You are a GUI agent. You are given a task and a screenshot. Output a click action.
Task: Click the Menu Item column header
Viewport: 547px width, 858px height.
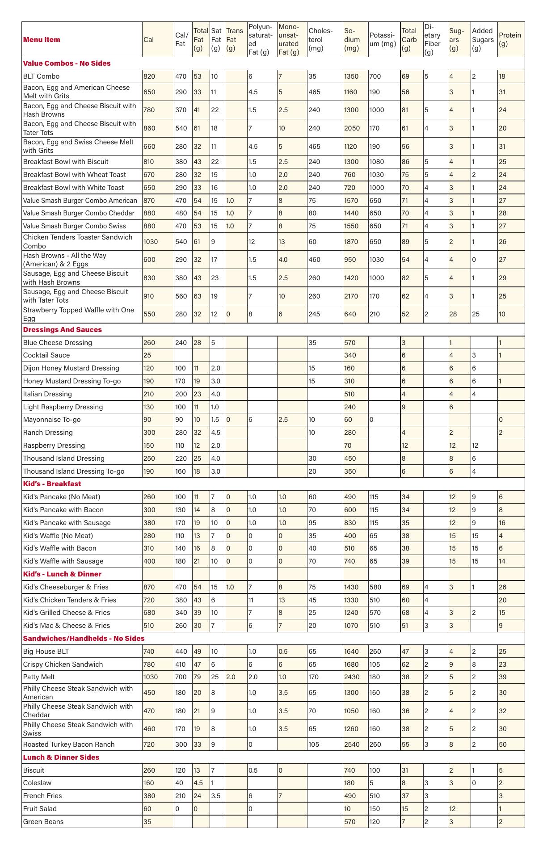[42, 40]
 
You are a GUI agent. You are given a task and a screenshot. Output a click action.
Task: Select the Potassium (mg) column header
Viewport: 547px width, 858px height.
[383, 40]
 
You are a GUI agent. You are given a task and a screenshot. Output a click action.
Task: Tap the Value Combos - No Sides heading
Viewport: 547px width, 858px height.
[67, 63]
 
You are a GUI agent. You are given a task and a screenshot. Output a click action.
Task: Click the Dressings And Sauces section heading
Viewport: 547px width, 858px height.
[62, 330]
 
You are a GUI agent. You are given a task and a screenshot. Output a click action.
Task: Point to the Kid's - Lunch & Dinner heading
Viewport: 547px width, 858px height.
[62, 574]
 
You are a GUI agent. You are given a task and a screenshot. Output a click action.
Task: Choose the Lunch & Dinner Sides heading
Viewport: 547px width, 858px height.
[61, 757]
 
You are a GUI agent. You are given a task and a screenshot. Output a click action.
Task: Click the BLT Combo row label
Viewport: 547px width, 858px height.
[41, 76]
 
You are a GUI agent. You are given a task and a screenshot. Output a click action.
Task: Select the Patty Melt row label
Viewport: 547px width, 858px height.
[39, 677]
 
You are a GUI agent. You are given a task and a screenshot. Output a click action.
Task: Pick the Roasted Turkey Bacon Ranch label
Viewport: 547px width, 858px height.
[69, 744]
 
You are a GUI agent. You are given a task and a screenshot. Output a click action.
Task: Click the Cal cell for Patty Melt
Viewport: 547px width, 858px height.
[151, 677]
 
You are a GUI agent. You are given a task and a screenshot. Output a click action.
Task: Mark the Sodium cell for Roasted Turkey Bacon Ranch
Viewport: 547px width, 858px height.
[352, 744]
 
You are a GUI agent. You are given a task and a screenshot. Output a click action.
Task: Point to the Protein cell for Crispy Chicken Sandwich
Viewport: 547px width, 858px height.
[503, 665]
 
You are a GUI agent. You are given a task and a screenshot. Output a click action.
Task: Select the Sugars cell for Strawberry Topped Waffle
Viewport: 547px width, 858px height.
[453, 314]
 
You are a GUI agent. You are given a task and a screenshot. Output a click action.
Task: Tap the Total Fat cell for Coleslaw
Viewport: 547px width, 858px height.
[198, 783]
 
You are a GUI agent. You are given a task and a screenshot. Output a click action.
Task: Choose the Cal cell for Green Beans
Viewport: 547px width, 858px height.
[147, 822]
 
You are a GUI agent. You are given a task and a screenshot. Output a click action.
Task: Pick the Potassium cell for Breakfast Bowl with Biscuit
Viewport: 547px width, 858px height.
[377, 162]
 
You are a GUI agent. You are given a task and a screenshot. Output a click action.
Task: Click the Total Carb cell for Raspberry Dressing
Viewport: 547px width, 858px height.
[405, 446]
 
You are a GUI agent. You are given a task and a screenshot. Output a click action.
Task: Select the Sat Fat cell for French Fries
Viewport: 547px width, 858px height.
[215, 796]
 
